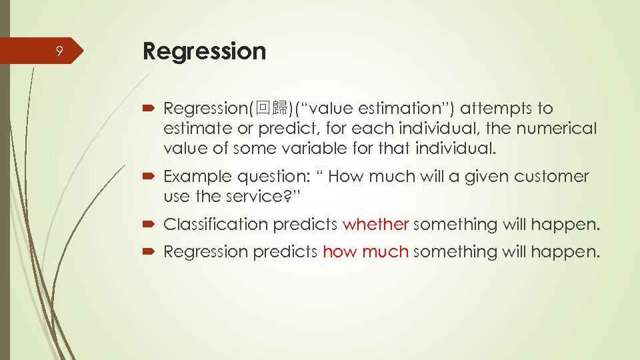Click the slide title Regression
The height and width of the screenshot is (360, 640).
coord(204,51)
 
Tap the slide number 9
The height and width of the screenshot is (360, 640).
coord(59,51)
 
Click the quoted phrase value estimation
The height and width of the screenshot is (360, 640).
coord(376,108)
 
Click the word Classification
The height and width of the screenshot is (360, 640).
coord(215,225)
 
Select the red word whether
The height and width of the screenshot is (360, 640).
coord(375,225)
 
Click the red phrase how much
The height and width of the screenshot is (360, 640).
coord(365,252)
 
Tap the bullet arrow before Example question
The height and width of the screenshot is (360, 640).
coord(150,177)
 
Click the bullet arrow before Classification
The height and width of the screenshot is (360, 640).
coord(150,225)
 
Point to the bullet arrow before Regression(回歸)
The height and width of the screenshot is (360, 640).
coord(150,109)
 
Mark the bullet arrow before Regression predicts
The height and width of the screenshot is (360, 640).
coord(150,253)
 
